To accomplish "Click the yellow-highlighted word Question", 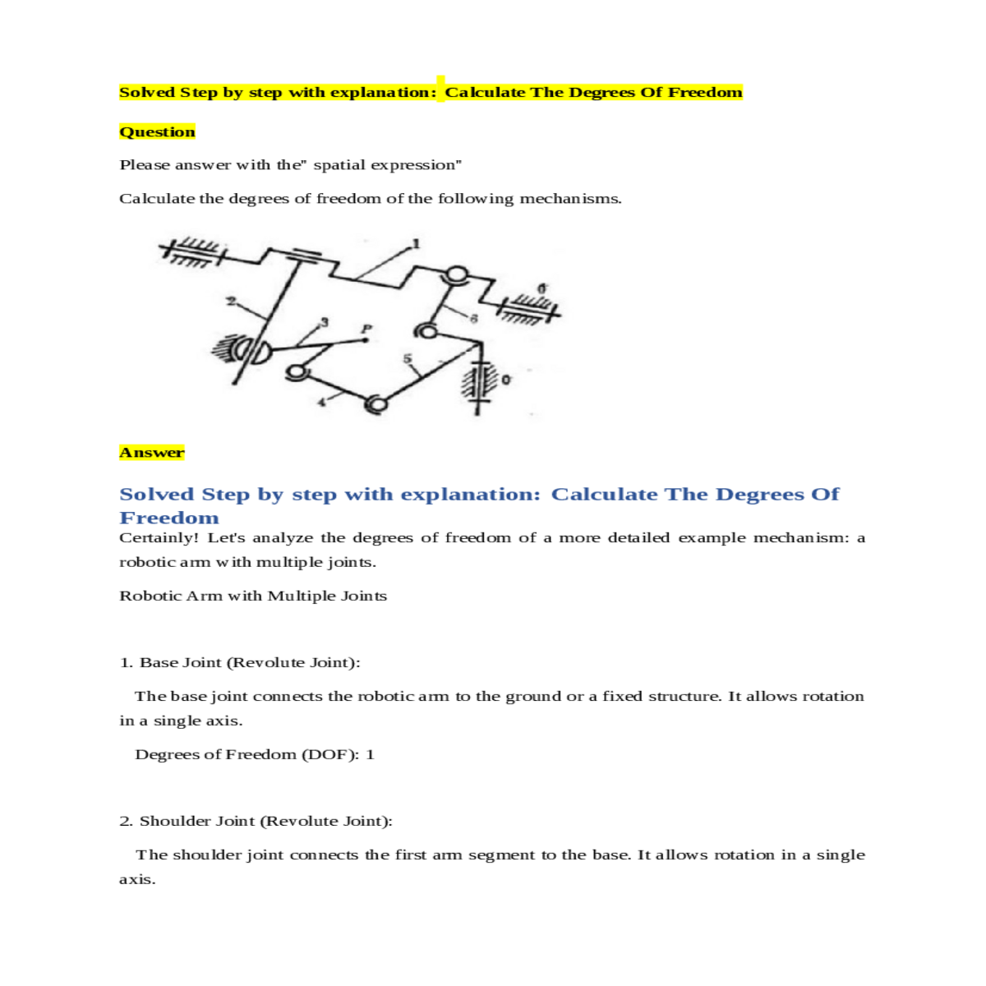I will (157, 131).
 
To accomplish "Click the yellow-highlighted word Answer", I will (152, 452).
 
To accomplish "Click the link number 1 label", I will (416, 243).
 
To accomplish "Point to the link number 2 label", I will (231, 301).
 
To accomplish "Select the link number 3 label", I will (324, 321).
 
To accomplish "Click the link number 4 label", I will (321, 402).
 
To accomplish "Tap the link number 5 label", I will (406, 358).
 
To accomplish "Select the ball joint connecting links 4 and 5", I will (376, 403).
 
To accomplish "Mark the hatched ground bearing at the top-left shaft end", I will (193, 252).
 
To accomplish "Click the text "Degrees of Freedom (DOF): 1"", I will (254, 754).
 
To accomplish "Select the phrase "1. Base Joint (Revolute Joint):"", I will (240, 662).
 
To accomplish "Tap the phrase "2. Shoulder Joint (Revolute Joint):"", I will (256, 821).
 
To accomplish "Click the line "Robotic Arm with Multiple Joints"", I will (253, 596).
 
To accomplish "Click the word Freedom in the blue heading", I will (169, 518).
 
